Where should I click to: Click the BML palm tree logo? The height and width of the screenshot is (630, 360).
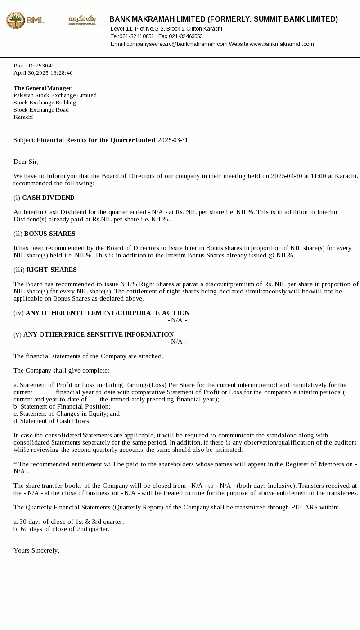point(16,20)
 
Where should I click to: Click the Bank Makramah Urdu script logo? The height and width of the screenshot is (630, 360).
point(82,20)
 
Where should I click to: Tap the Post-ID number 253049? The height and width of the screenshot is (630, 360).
point(45,66)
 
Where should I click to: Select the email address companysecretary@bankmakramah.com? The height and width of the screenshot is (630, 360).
point(177,44)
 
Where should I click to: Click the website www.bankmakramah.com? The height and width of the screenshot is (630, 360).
point(282,44)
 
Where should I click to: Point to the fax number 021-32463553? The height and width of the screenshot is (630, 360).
point(186,36)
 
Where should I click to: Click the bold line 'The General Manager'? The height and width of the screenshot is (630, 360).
point(43,88)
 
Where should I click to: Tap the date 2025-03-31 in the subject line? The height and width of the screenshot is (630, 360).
point(173,140)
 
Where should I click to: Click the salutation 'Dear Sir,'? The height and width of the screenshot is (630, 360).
point(26,162)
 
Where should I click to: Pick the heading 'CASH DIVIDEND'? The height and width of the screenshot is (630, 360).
point(48,198)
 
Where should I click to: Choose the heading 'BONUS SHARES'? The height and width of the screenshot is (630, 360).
point(49,234)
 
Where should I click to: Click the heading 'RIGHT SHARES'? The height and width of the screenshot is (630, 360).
point(51,270)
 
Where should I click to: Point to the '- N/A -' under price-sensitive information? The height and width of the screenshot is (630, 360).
point(177,342)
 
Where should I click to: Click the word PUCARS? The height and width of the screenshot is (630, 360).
point(304,507)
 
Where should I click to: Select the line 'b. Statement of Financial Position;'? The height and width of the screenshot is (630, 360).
point(62,406)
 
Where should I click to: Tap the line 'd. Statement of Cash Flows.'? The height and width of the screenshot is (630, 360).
point(52,421)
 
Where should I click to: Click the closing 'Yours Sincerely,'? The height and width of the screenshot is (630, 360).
point(36,550)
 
